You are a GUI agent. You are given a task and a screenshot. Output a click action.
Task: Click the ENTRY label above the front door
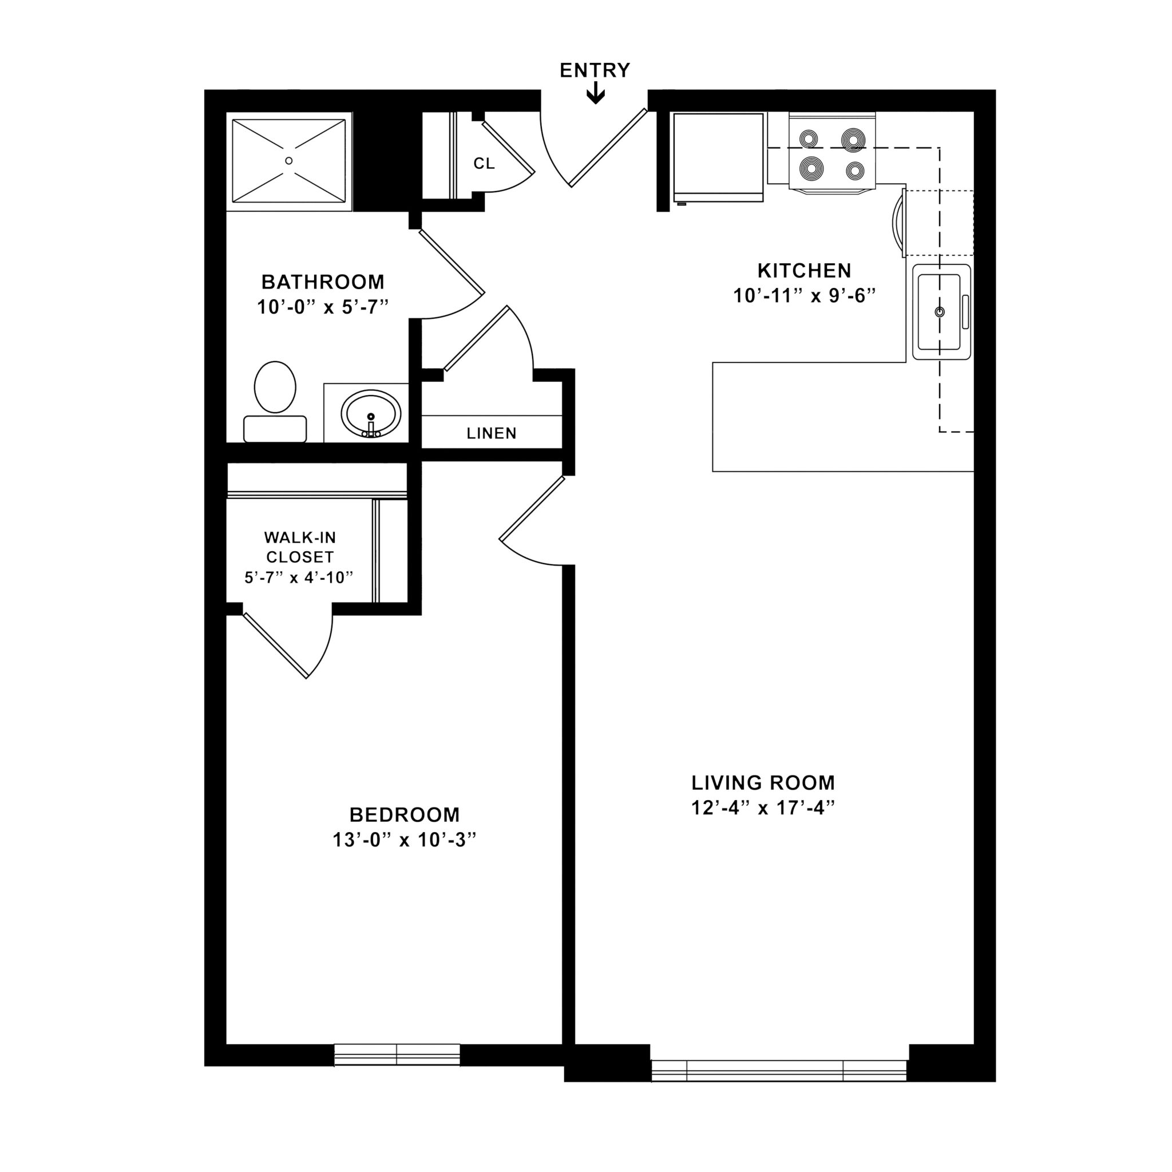tap(595, 70)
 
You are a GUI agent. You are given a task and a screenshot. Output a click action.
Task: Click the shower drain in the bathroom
tap(289, 161)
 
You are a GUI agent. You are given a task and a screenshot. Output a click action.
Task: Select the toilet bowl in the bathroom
tap(275, 387)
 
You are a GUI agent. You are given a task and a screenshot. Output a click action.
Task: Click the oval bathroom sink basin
tap(371, 413)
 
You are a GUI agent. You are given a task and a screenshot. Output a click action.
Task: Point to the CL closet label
tap(484, 164)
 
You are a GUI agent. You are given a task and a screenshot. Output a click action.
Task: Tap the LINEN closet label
tap(492, 433)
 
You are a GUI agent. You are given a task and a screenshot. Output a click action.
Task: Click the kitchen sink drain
tap(940, 312)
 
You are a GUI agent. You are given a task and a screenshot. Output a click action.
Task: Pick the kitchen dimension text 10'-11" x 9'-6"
tap(805, 296)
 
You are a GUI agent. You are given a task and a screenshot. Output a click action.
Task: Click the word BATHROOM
tap(323, 282)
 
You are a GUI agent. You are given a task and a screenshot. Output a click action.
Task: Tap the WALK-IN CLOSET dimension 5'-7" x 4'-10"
tap(299, 577)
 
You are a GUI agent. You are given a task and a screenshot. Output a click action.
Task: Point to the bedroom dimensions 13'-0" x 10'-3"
tap(404, 840)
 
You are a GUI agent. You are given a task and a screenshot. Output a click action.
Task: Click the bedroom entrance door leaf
tap(532, 508)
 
